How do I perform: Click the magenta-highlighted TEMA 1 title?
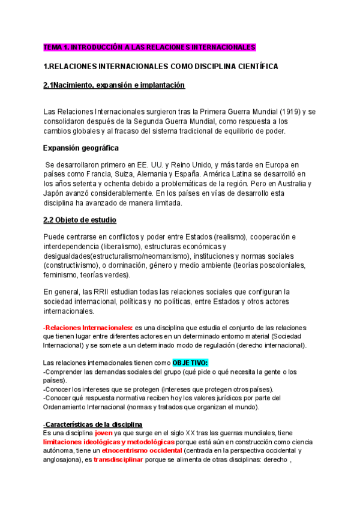coord(149,47)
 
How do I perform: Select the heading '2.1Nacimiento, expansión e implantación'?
coord(114,85)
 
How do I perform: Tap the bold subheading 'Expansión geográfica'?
coord(81,148)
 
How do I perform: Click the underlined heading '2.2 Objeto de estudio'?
coord(80,220)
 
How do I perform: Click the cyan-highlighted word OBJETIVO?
coord(190,363)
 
